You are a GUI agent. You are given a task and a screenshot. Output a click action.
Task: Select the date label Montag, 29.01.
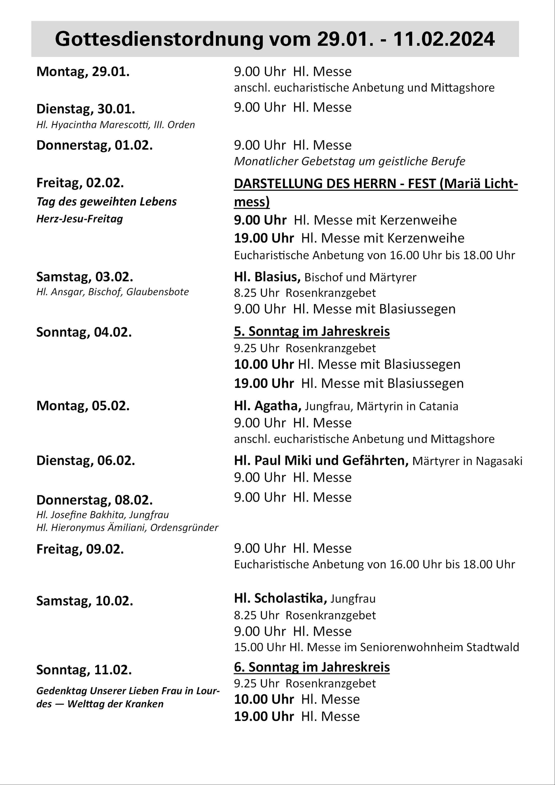click(x=83, y=72)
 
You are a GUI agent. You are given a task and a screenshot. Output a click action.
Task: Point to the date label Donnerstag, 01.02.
click(x=94, y=145)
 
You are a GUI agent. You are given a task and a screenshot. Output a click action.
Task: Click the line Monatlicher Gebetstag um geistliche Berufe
click(x=350, y=161)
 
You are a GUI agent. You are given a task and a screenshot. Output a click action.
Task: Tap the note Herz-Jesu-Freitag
click(x=80, y=219)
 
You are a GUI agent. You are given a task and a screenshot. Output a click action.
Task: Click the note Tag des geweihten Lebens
click(x=106, y=202)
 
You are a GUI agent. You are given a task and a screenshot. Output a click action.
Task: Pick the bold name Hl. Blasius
click(x=267, y=277)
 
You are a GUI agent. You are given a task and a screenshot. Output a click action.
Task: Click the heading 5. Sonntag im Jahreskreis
click(x=312, y=331)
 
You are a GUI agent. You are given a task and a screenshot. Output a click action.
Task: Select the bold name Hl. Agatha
click(x=267, y=406)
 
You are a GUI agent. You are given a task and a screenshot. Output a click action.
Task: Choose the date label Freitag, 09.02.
click(x=80, y=549)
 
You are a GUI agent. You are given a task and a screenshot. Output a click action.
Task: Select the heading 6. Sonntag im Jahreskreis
click(x=312, y=667)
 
